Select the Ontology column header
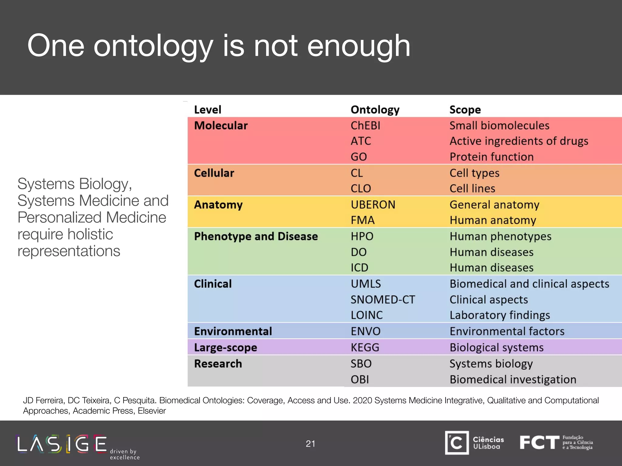(375, 110)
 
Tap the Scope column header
(465, 110)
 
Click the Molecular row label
(221, 126)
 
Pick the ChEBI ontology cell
(365, 126)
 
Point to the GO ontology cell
(359, 157)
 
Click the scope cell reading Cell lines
(472, 188)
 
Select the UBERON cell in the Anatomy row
(373, 204)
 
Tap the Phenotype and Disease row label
(256, 236)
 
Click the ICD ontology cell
(359, 268)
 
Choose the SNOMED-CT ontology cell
(383, 299)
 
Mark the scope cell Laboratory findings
(500, 315)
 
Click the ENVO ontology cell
(365, 331)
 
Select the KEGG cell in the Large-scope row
(365, 347)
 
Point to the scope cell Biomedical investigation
(513, 380)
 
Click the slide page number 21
(310, 444)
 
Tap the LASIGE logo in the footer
(62, 444)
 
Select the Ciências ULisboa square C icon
(457, 443)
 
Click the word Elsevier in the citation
(152, 411)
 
